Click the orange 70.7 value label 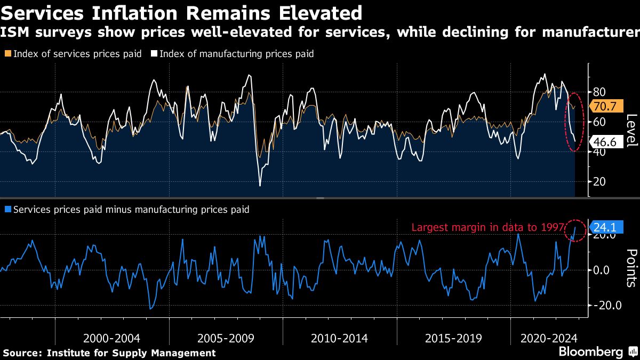(x=603, y=106)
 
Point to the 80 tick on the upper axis (x=596, y=92)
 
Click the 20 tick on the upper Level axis (x=596, y=181)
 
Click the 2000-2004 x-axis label (x=112, y=338)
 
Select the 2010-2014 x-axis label (x=339, y=338)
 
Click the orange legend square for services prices (x=7, y=54)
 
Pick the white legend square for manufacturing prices (x=154, y=54)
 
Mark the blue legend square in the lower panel (x=7, y=210)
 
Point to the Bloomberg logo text (x=591, y=352)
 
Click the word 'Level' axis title (x=631, y=131)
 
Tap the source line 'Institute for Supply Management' (x=131, y=353)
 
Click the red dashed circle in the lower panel (x=575, y=230)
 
